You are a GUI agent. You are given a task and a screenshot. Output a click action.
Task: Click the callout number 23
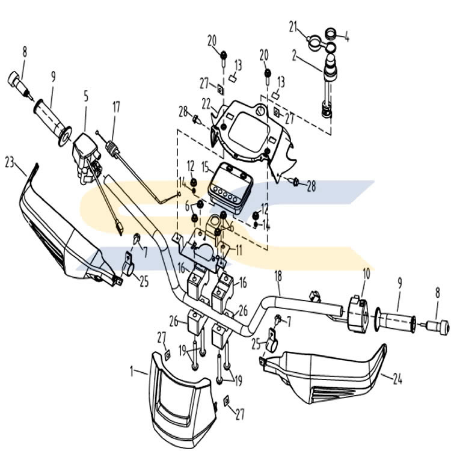(9, 161)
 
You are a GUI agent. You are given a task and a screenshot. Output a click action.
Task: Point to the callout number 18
(278, 276)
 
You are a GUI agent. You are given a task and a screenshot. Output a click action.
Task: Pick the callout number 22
(206, 103)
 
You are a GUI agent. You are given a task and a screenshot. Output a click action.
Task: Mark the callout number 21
(293, 26)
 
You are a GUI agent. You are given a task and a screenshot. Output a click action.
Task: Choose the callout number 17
(116, 108)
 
